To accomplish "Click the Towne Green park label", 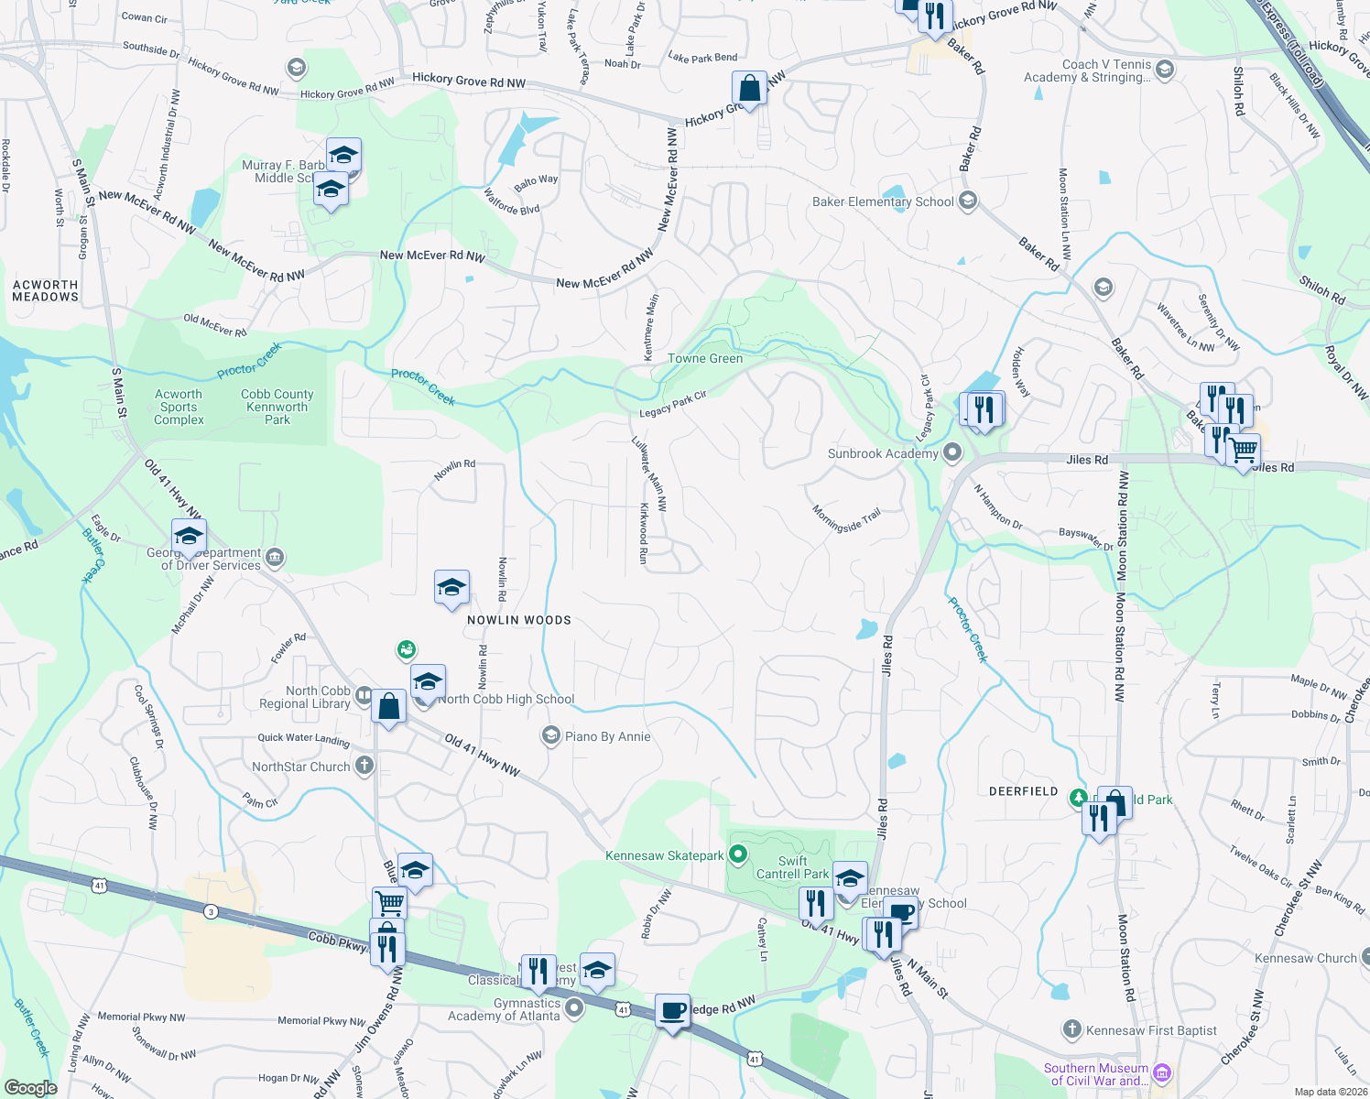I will point(705,358).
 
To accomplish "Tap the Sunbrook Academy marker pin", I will point(952,452).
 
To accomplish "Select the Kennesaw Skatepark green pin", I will point(738,855).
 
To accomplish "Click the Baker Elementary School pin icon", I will point(968,201).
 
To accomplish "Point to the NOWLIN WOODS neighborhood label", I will point(519,620).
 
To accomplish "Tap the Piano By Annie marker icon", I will point(550,736).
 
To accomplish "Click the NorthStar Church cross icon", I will point(364,766).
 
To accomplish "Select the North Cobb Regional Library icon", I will point(364,696).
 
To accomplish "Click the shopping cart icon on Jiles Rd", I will point(1243,451).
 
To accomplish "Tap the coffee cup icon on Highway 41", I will point(673,1011).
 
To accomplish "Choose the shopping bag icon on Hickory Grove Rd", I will point(749,89).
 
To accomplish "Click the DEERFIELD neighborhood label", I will point(1023,791).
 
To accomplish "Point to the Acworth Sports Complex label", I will point(179,407).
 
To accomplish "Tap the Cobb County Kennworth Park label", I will point(277,407).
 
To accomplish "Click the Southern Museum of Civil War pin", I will point(1162,1072).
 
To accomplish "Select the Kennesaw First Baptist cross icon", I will point(1071,1029).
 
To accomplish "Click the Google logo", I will point(30,1088).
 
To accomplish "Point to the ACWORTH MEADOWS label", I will point(46,290).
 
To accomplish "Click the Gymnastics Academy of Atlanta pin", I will point(574,1008).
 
